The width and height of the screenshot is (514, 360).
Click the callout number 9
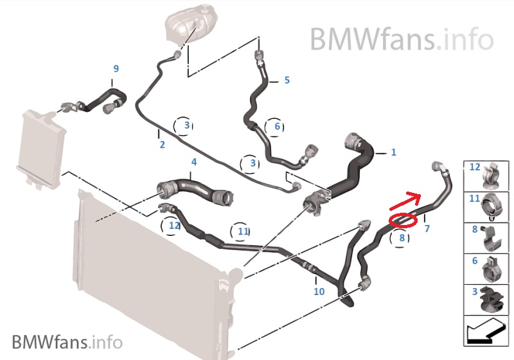pos(116,68)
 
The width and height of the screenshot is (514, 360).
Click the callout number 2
pos(162,145)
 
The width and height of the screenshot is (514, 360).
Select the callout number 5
pos(287,80)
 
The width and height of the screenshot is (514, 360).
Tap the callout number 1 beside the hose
pos(393,152)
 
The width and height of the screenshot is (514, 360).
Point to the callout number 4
pos(193,163)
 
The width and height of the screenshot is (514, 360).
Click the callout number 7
pos(427,228)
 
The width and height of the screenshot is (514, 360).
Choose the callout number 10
pos(319,291)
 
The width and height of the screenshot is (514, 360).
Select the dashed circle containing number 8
pos(402,238)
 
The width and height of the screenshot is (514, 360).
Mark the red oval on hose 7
pos(402,220)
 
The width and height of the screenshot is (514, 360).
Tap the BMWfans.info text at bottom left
pos(67,340)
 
